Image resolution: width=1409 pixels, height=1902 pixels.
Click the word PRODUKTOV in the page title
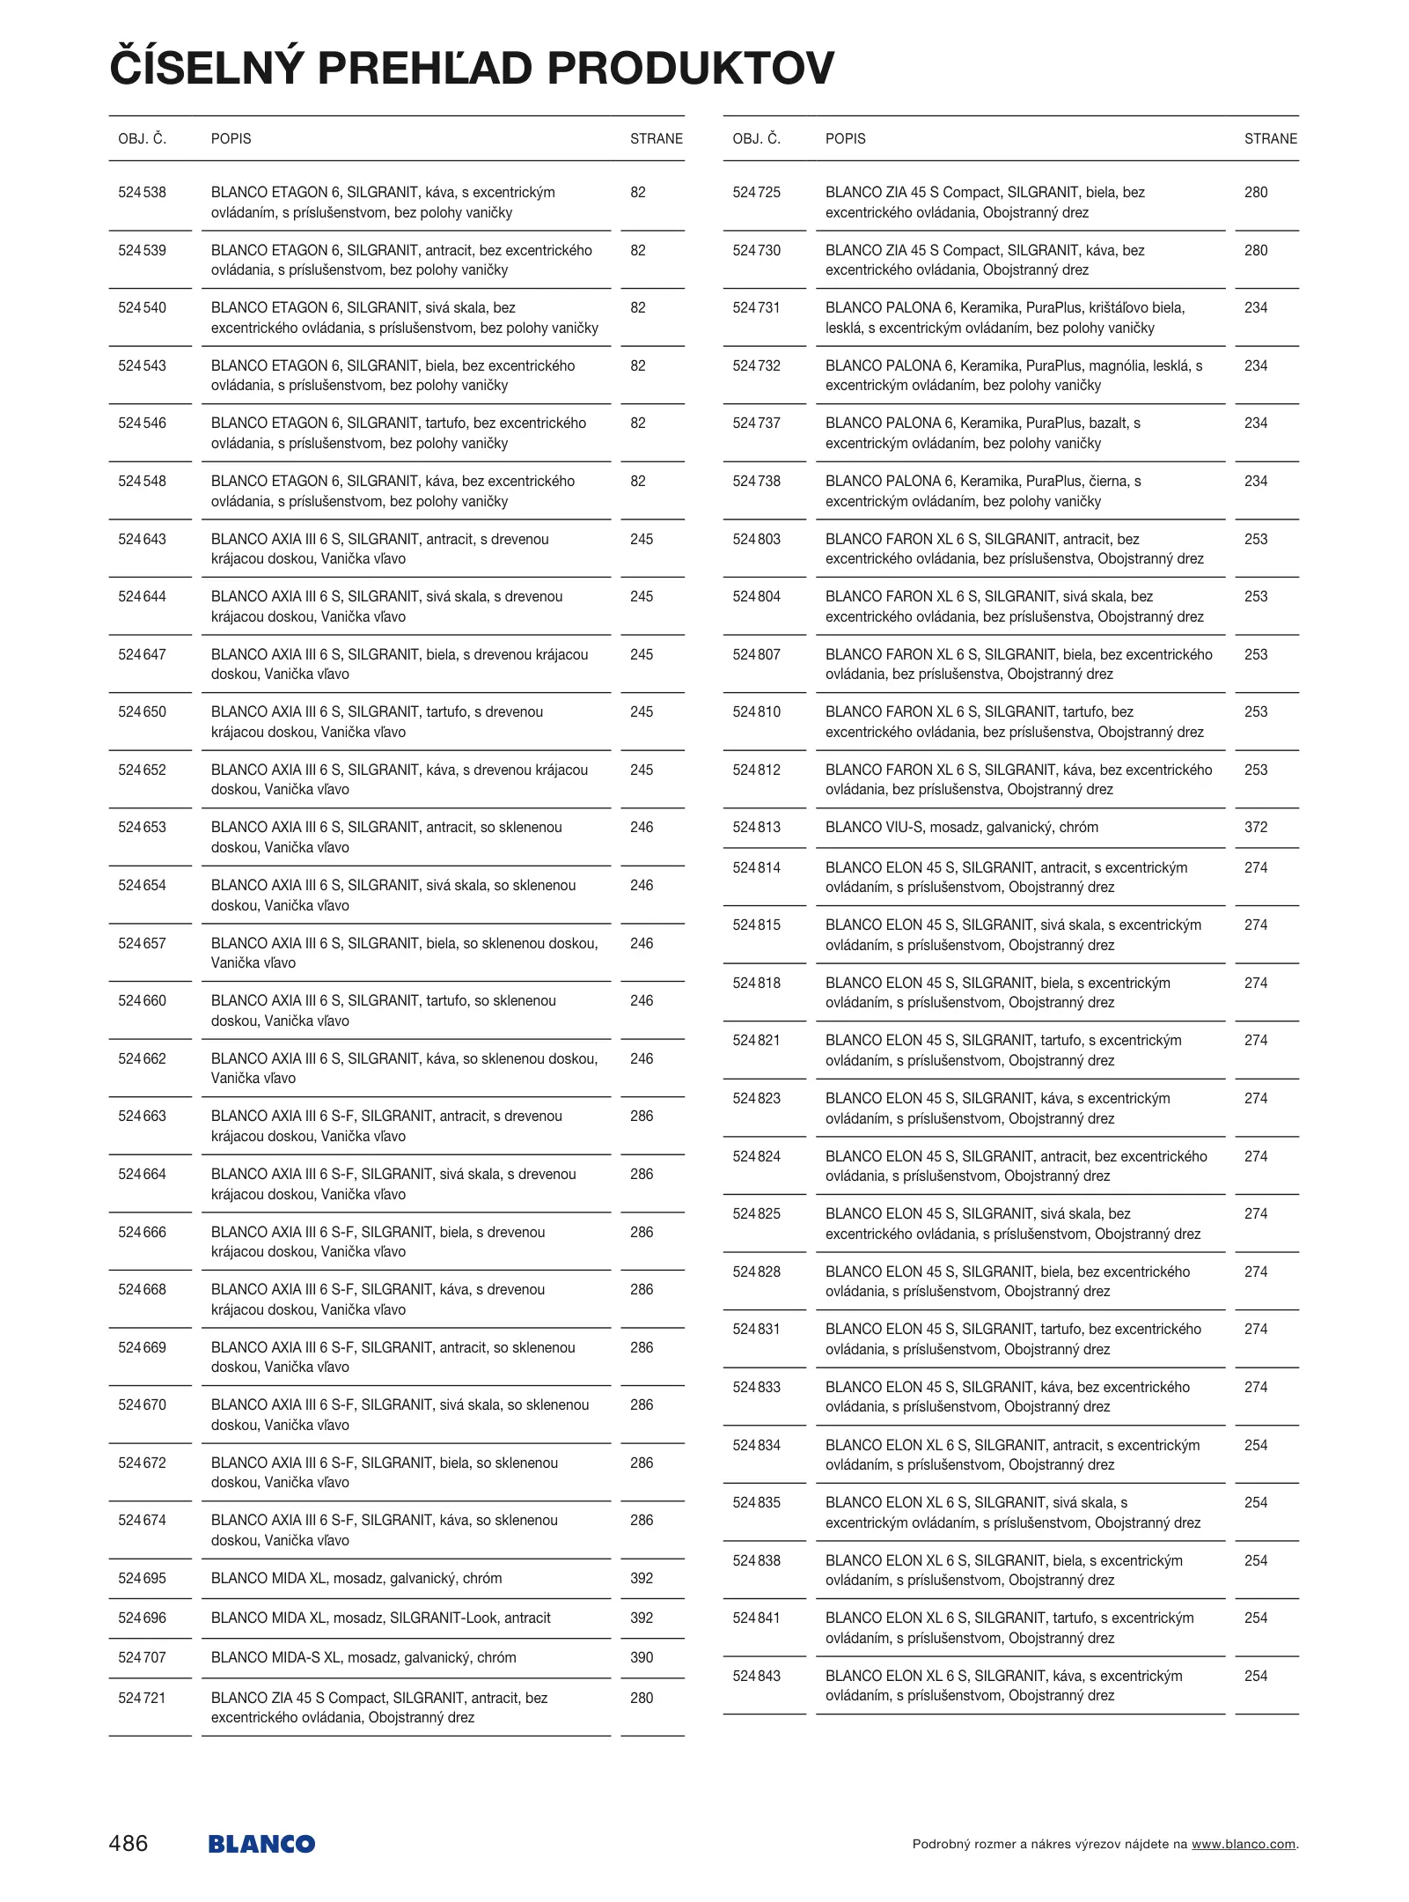click(691, 69)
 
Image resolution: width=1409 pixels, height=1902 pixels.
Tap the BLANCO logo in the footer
click(261, 1844)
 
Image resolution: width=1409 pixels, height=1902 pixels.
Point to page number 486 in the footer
click(128, 1843)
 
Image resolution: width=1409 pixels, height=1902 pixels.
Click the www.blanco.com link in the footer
click(1244, 1844)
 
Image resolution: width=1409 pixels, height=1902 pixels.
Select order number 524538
click(142, 193)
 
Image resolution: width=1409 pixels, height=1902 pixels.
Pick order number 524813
click(756, 828)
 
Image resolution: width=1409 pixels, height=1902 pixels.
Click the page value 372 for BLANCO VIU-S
click(1256, 828)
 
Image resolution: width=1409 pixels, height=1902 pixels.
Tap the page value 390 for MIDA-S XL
click(642, 1657)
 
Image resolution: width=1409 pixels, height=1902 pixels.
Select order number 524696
click(142, 1618)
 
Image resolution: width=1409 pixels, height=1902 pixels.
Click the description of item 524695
click(356, 1578)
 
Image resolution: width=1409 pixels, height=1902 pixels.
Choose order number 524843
click(756, 1676)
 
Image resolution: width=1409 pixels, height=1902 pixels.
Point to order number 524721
click(142, 1698)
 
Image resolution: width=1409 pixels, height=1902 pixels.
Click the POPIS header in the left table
click(231, 139)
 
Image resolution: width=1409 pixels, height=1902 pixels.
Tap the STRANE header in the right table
click(1270, 139)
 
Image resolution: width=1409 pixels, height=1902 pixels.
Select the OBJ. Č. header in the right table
click(756, 139)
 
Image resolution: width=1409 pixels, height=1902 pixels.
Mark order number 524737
click(756, 424)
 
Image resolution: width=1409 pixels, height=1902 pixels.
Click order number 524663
click(142, 1117)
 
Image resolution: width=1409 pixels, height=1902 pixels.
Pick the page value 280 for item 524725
click(1256, 193)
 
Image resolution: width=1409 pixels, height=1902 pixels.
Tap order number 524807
click(756, 654)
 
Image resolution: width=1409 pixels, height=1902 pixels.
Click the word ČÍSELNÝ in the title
click(207, 69)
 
